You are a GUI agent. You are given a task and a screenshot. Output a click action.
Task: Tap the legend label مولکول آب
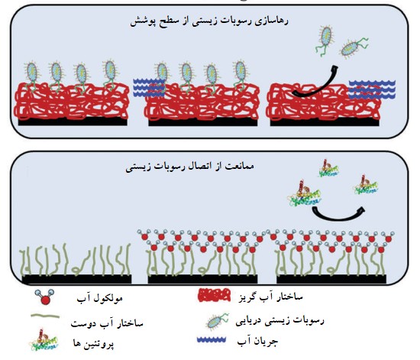100,298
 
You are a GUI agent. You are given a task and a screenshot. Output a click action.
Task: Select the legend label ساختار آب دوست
107,323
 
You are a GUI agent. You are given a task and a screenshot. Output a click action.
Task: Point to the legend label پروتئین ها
94,343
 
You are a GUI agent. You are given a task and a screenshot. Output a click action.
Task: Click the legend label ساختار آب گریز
270,297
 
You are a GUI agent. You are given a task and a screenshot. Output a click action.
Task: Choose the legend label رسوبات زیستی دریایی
280,320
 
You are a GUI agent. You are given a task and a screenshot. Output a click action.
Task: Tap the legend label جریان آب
257,341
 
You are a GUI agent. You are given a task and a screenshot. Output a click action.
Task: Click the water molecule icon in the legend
45,297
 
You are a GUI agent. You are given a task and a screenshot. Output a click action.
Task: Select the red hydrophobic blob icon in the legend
215,295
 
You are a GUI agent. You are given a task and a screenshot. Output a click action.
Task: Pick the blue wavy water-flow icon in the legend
212,339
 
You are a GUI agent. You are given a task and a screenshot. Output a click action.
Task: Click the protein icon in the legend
44,340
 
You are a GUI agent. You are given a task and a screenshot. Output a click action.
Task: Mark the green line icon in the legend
45,316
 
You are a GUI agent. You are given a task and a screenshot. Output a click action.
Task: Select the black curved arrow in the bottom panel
338,215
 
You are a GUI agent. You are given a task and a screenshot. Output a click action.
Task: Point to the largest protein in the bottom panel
304,193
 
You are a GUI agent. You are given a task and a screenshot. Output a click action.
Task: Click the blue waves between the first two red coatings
149,87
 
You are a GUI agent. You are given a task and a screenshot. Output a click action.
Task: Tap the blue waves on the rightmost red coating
372,89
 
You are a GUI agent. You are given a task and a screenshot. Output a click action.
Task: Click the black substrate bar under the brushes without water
76,279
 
